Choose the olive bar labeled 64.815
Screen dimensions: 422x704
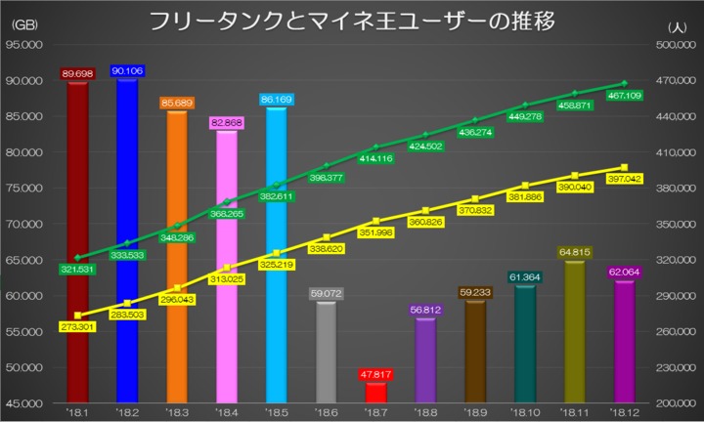[x=574, y=332]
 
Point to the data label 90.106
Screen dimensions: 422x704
[x=127, y=71]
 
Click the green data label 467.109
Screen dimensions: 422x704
[x=624, y=96]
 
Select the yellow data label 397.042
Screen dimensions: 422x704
[x=624, y=179]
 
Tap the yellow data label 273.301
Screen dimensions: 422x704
[x=77, y=328]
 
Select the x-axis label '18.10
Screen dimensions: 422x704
[x=525, y=411]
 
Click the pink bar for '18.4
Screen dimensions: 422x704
[x=227, y=264]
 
